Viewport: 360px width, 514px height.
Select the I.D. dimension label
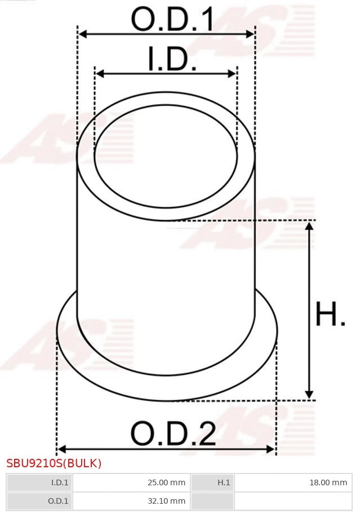pyautogui.click(x=172, y=60)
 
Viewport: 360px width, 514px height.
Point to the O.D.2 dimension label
pyautogui.click(x=173, y=434)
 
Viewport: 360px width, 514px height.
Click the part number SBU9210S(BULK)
pyautogui.click(x=54, y=463)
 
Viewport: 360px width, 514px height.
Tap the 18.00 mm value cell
pyautogui.click(x=293, y=482)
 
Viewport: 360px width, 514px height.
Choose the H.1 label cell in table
pyautogui.click(x=213, y=482)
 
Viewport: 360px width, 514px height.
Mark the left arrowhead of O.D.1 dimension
pyautogui.click(x=82, y=34)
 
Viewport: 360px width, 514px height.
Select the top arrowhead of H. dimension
pyautogui.click(x=309, y=226)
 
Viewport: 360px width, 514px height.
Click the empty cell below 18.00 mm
pyautogui.click(x=293, y=500)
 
